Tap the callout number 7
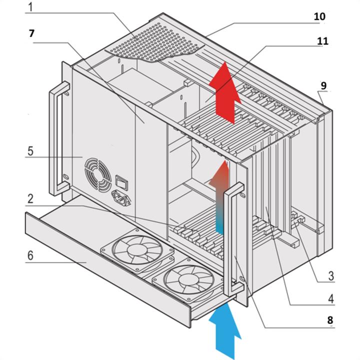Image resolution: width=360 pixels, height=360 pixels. [x=32, y=34]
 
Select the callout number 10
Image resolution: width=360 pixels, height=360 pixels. [x=319, y=16]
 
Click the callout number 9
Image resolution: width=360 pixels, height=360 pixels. [x=323, y=85]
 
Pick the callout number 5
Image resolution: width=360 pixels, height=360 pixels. [x=31, y=150]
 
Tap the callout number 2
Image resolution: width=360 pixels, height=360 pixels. [x=31, y=198]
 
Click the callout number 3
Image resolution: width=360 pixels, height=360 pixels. [x=331, y=275]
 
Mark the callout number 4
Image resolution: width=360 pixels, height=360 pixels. [x=330, y=298]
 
